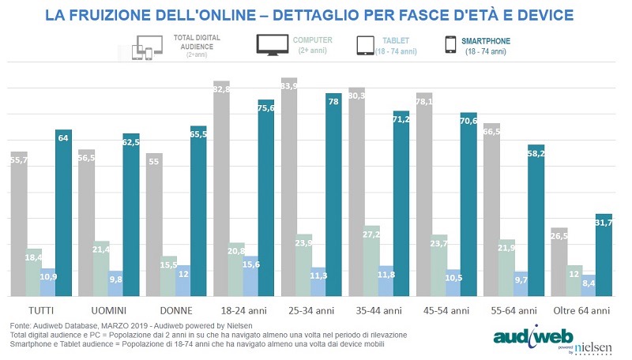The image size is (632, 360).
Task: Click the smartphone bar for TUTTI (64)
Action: [x=63, y=213]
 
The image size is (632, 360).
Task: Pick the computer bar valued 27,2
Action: [x=371, y=261]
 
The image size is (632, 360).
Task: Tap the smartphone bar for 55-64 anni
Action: [x=536, y=221]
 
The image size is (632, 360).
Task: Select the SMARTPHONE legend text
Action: [x=487, y=39]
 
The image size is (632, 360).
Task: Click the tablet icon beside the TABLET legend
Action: [x=365, y=45]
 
